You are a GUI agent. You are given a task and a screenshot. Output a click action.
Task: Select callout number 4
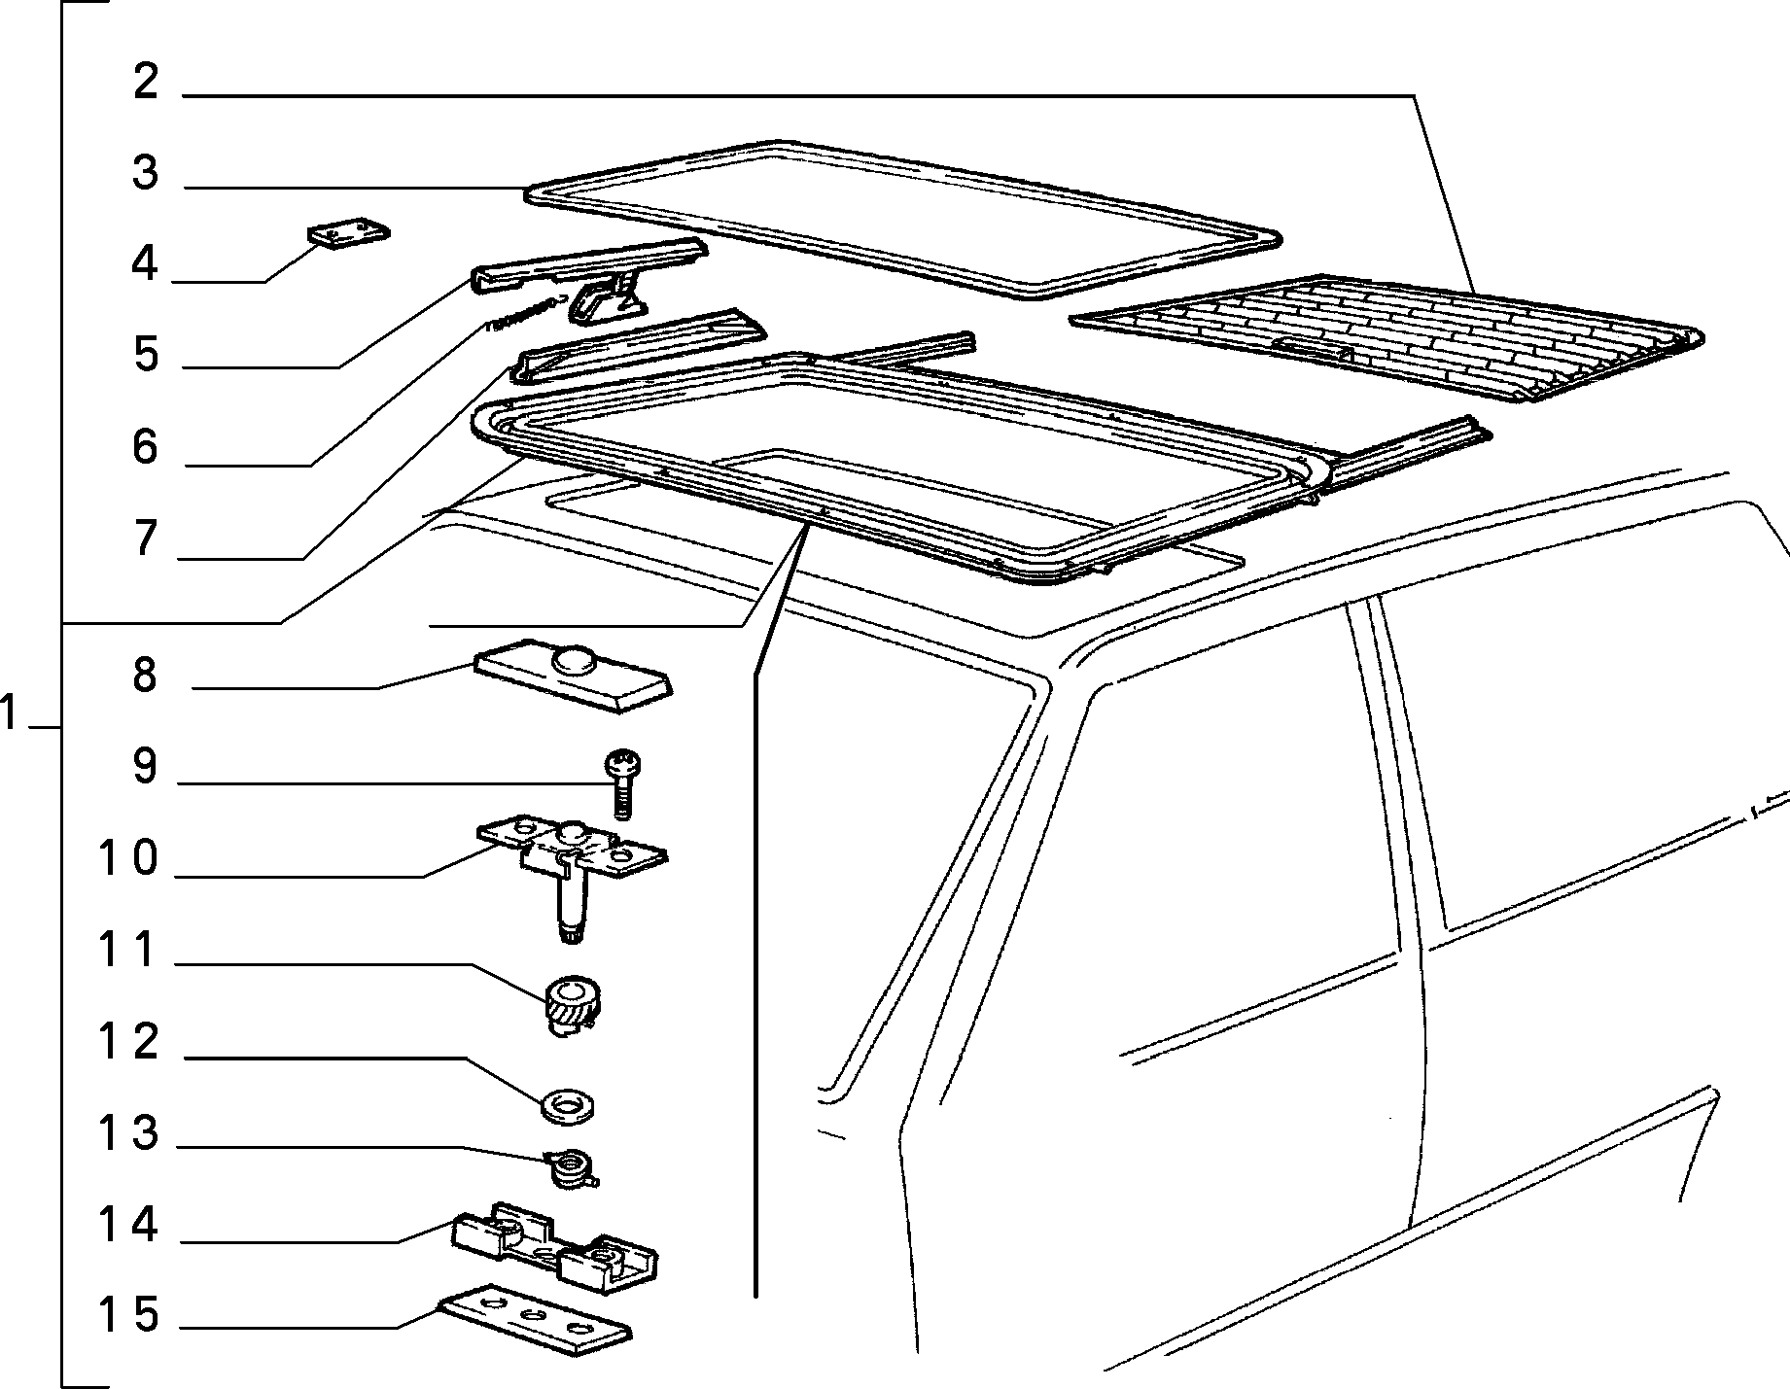coord(145,263)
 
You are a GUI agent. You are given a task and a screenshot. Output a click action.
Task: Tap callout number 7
coord(145,538)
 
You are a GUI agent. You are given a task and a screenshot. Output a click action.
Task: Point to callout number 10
coord(127,858)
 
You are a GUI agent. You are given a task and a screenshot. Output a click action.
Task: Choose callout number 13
coord(127,1132)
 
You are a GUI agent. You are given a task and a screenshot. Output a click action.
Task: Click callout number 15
coord(127,1315)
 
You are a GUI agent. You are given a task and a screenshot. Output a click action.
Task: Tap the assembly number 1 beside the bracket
coord(9,715)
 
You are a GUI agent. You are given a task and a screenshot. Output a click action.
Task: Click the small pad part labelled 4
coord(349,234)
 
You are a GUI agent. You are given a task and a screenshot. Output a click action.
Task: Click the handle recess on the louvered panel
coord(1313,347)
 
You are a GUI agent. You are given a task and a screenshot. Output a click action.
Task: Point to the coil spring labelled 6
coord(526,314)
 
